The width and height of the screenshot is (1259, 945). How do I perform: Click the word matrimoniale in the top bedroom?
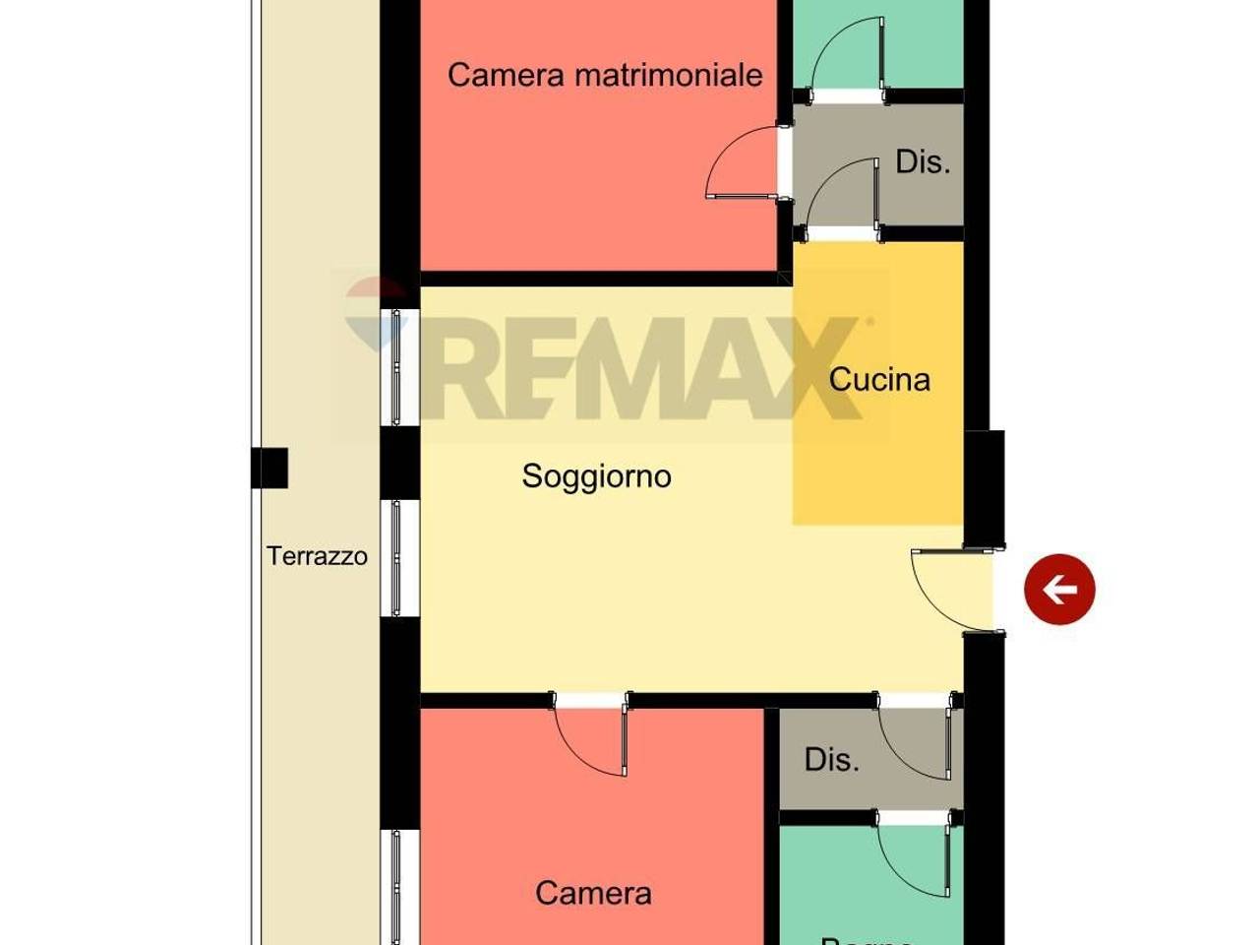669,75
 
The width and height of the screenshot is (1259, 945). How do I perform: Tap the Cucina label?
879,380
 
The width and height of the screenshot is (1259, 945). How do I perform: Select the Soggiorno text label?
596,476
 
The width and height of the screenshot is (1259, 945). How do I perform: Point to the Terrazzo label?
317,556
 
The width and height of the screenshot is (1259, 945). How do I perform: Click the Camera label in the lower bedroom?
593,893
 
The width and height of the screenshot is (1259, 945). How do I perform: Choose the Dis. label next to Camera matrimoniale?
923,161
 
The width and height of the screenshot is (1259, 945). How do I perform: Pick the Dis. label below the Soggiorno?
831,759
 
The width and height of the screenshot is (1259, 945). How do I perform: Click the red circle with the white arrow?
1059,589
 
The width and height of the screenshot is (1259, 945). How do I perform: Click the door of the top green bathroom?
846,59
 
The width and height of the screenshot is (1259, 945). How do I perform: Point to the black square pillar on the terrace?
269,469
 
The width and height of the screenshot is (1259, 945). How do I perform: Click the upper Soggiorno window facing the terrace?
397,367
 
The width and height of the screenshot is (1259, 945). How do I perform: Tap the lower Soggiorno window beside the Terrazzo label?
397,559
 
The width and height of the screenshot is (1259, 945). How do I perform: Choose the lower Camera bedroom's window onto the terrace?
397,886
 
